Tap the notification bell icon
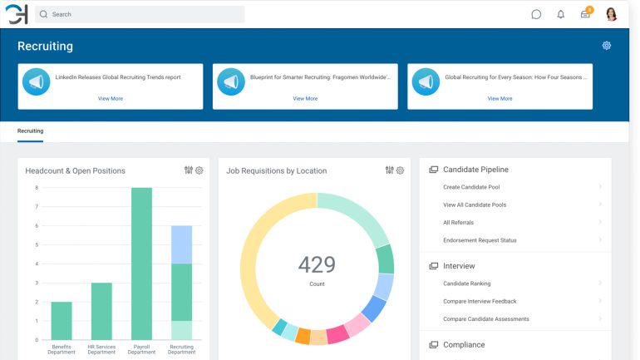tap(561, 14)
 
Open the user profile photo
tap(612, 14)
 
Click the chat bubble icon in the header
tap(536, 14)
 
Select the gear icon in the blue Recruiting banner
tap(607, 46)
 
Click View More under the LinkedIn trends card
tap(111, 98)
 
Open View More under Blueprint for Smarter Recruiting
tap(305, 98)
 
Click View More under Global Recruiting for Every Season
tap(500, 98)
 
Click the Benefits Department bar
tap(62, 320)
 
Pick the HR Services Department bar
tap(101, 311)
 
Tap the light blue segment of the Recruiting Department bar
tap(181, 244)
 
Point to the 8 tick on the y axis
tap(37, 188)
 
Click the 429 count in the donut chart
tap(317, 265)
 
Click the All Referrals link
tap(459, 223)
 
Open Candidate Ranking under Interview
tap(466, 284)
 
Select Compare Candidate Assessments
tap(486, 319)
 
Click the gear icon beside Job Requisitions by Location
tap(400, 170)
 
